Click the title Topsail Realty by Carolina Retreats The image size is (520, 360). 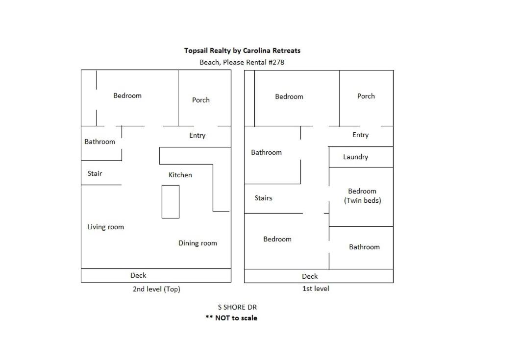pyautogui.click(x=242, y=51)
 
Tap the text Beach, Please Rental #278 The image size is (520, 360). pyautogui.click(x=242, y=62)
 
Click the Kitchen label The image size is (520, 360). pyautogui.click(x=180, y=175)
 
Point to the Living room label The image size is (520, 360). pyautogui.click(x=105, y=227)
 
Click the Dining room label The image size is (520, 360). pyautogui.click(x=198, y=243)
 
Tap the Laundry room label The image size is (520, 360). pyautogui.click(x=355, y=157)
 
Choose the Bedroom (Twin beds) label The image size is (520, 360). pyautogui.click(x=363, y=196)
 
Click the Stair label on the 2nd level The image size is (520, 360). pyautogui.click(x=95, y=174)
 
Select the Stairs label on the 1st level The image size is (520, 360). pyautogui.click(x=263, y=198)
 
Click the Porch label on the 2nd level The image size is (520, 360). pyautogui.click(x=200, y=100)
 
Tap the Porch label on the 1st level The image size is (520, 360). pyautogui.click(x=366, y=96)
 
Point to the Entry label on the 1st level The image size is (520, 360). pyautogui.click(x=361, y=135)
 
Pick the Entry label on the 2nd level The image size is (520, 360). pyautogui.click(x=198, y=136)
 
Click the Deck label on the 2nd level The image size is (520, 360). pyautogui.click(x=138, y=275)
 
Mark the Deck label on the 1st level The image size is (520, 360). pyautogui.click(x=310, y=276)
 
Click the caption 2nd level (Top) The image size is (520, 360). pyautogui.click(x=156, y=289)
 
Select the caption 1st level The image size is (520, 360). pyautogui.click(x=316, y=288)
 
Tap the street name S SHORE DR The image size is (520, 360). pyautogui.click(x=237, y=307)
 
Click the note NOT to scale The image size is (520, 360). pyautogui.click(x=236, y=318)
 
